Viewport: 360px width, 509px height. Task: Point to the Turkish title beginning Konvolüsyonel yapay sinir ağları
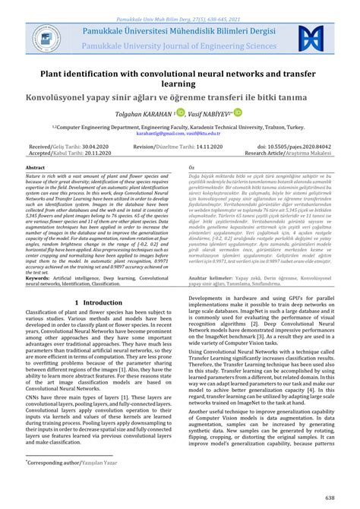[180, 99]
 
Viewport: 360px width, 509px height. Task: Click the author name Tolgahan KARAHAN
[159, 114]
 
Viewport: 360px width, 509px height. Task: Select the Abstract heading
[36, 166]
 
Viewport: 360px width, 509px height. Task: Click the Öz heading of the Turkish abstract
[191, 166]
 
